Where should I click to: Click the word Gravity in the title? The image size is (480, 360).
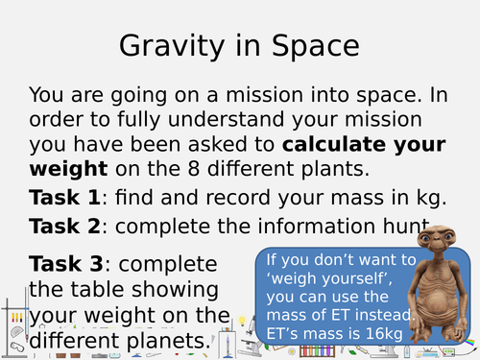[171, 46]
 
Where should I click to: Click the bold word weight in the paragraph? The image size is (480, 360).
[68, 171]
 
